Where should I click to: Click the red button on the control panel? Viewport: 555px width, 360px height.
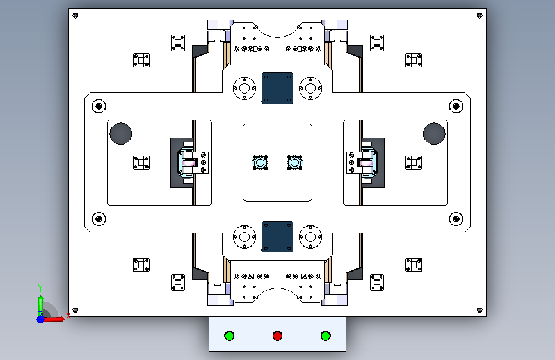point(278,336)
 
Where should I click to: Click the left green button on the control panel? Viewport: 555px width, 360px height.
point(229,336)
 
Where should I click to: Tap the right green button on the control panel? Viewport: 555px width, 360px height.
point(326,336)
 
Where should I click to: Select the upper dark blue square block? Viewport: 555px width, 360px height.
point(278,88)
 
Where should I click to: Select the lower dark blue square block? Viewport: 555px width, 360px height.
point(278,237)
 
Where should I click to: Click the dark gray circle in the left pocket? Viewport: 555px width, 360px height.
point(121,134)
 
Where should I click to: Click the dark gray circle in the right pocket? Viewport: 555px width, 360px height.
point(434,134)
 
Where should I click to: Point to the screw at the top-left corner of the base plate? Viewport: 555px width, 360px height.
point(76,15)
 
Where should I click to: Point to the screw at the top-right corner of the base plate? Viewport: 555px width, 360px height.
point(479,15)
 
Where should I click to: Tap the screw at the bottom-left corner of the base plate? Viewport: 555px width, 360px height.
point(76,309)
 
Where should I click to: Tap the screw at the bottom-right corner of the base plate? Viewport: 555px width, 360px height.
point(479,309)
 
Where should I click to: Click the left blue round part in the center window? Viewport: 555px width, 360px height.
point(260,163)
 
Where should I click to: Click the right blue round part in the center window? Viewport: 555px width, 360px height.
point(295,163)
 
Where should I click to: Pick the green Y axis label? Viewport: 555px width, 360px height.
point(40,288)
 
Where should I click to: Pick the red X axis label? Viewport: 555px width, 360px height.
point(68,316)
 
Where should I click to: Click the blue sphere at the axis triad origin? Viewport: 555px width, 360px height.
point(41,319)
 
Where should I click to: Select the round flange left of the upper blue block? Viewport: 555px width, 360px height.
point(245,88)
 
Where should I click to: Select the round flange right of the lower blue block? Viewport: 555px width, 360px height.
point(310,237)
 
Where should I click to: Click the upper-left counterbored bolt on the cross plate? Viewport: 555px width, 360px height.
point(99,106)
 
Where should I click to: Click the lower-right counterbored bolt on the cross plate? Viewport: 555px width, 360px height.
point(456,219)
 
